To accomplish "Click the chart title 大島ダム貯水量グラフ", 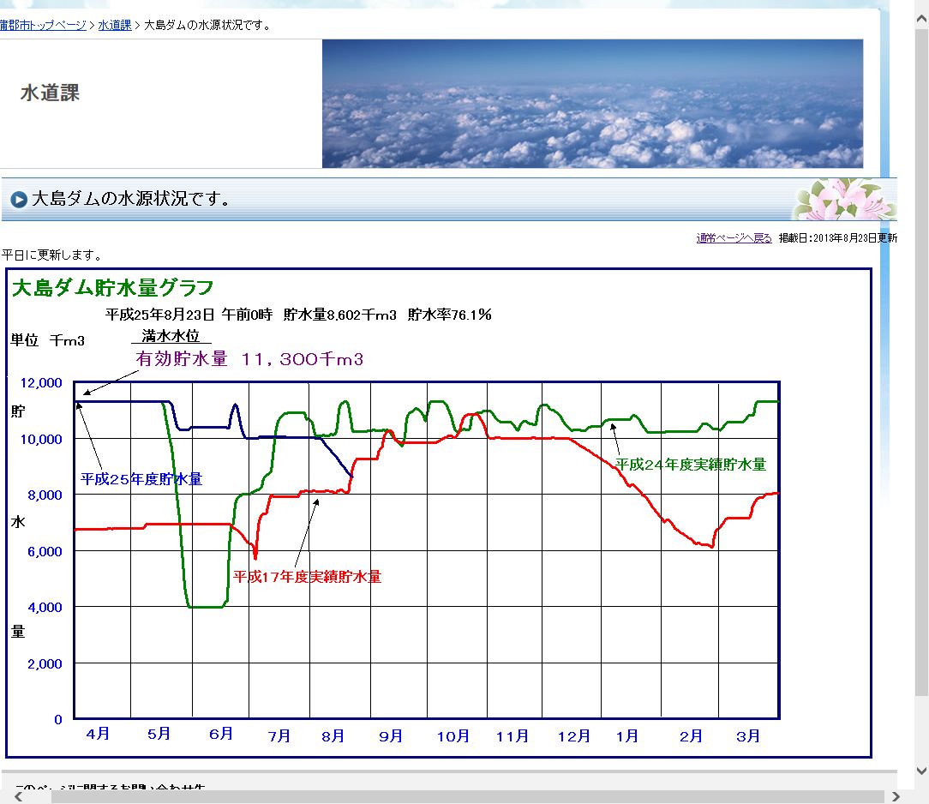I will tap(112, 287).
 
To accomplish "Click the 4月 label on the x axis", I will tap(98, 735).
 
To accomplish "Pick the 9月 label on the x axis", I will tap(390, 736).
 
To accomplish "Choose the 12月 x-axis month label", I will tap(573, 736).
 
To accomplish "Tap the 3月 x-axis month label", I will tap(748, 736).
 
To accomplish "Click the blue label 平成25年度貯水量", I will tap(141, 479).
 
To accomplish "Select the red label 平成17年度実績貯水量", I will tap(307, 577).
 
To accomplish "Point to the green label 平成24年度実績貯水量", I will tap(691, 465).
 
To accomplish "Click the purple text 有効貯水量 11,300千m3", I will tap(249, 359).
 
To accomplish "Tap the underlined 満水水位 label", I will tap(171, 337).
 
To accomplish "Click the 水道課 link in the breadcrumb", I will tap(114, 25).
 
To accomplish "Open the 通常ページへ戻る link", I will tap(734, 238).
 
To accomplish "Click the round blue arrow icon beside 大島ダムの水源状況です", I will tap(19, 201).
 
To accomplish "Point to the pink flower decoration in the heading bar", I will tap(843, 199).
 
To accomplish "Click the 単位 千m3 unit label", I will tap(48, 340).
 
